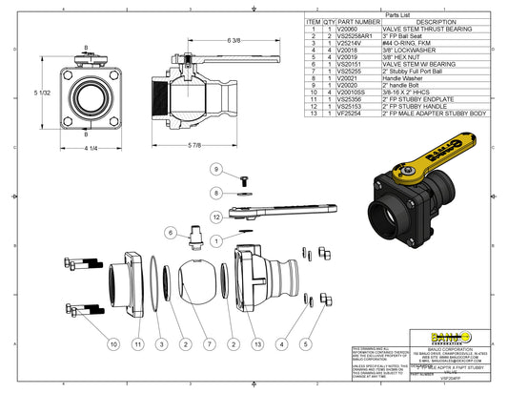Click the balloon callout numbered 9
pos(215,169)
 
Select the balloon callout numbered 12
pos(216,217)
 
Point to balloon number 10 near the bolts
pos(113,341)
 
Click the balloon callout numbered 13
pos(256,341)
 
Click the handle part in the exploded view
pos(286,208)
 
